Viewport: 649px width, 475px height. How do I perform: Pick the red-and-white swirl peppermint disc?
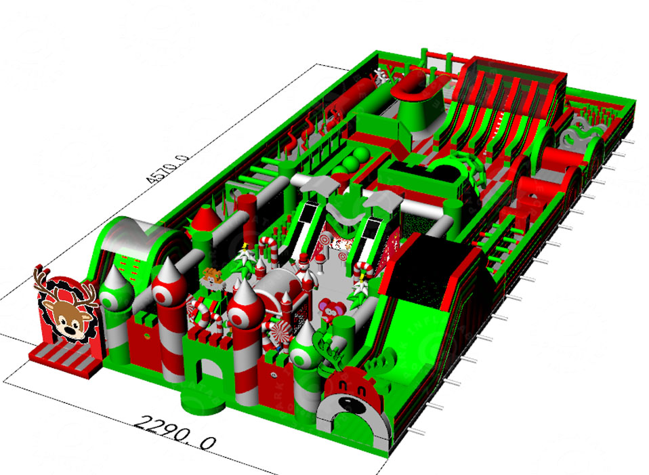pyautogui.click(x=279, y=334)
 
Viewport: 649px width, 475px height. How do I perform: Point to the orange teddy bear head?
pyautogui.click(x=212, y=278)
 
